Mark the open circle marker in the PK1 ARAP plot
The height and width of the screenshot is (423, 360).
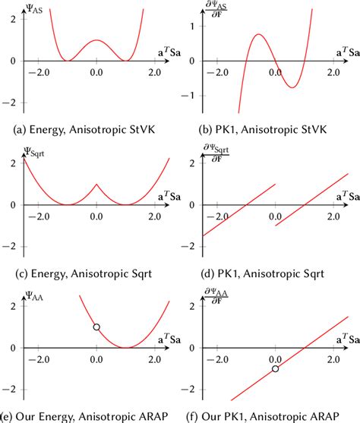coord(274,369)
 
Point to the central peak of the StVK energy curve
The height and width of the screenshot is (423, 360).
coord(96,40)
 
